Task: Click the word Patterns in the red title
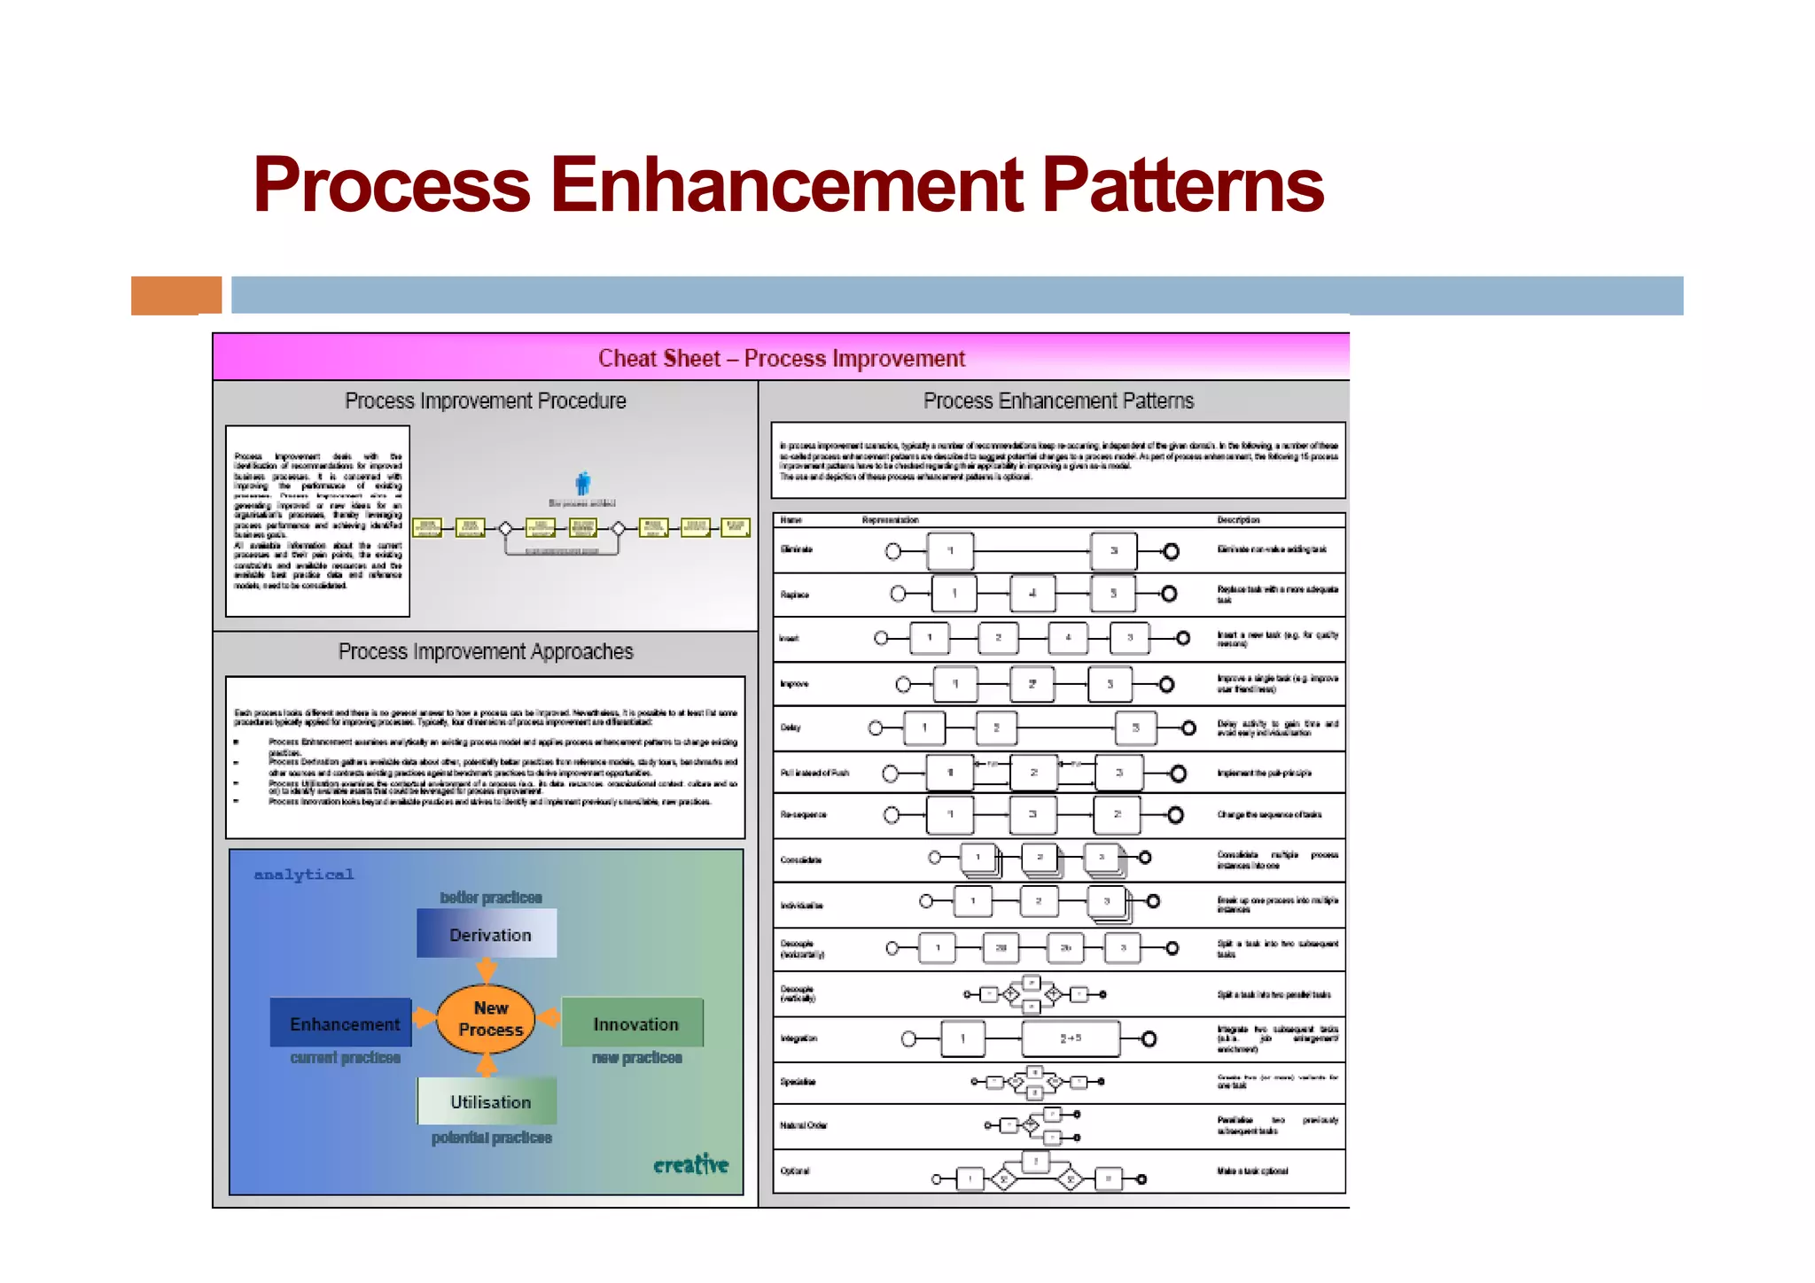click(1181, 186)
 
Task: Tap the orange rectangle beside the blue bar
click(175, 295)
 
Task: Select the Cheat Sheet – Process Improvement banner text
click(781, 358)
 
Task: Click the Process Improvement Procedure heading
click(485, 401)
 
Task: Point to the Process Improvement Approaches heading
click(485, 652)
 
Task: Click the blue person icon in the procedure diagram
click(582, 484)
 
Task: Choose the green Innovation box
click(634, 1023)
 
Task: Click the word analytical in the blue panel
click(304, 875)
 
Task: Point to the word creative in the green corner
click(690, 1164)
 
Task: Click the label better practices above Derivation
click(490, 898)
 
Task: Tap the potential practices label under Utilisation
click(491, 1138)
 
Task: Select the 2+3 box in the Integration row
click(1070, 1038)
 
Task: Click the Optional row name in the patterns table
click(795, 1171)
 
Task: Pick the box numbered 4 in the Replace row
click(1032, 594)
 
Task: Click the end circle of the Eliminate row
click(1171, 551)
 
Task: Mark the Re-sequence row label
click(803, 815)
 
